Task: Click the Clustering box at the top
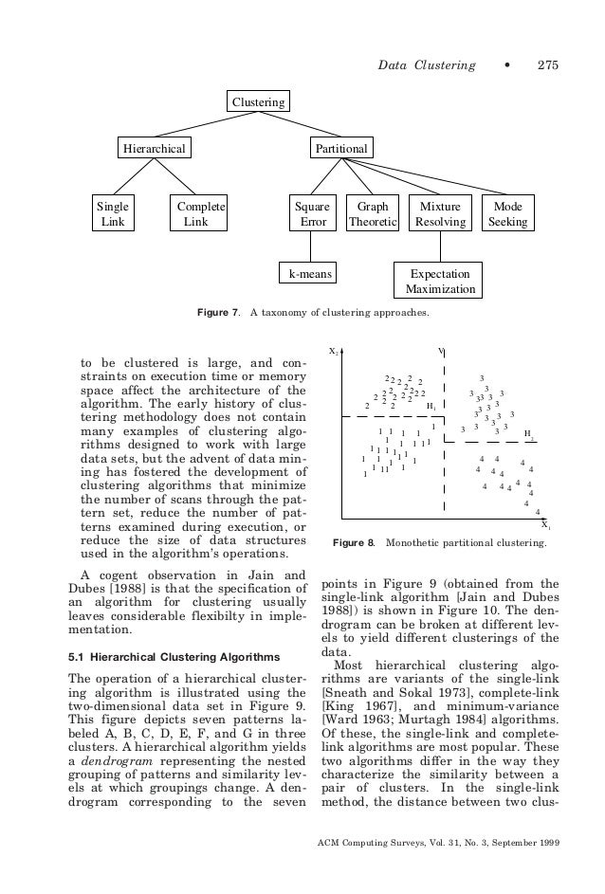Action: click(258, 100)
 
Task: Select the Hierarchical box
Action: click(152, 148)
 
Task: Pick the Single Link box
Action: click(113, 214)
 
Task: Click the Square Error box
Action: click(313, 214)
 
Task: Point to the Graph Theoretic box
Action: click(371, 214)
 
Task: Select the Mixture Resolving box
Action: click(440, 214)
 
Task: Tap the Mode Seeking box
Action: click(507, 214)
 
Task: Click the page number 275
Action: click(548, 64)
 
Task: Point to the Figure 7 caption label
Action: click(217, 313)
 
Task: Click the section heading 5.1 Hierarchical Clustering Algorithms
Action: click(174, 656)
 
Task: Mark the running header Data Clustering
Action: click(426, 64)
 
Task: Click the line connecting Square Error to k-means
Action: click(313, 246)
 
